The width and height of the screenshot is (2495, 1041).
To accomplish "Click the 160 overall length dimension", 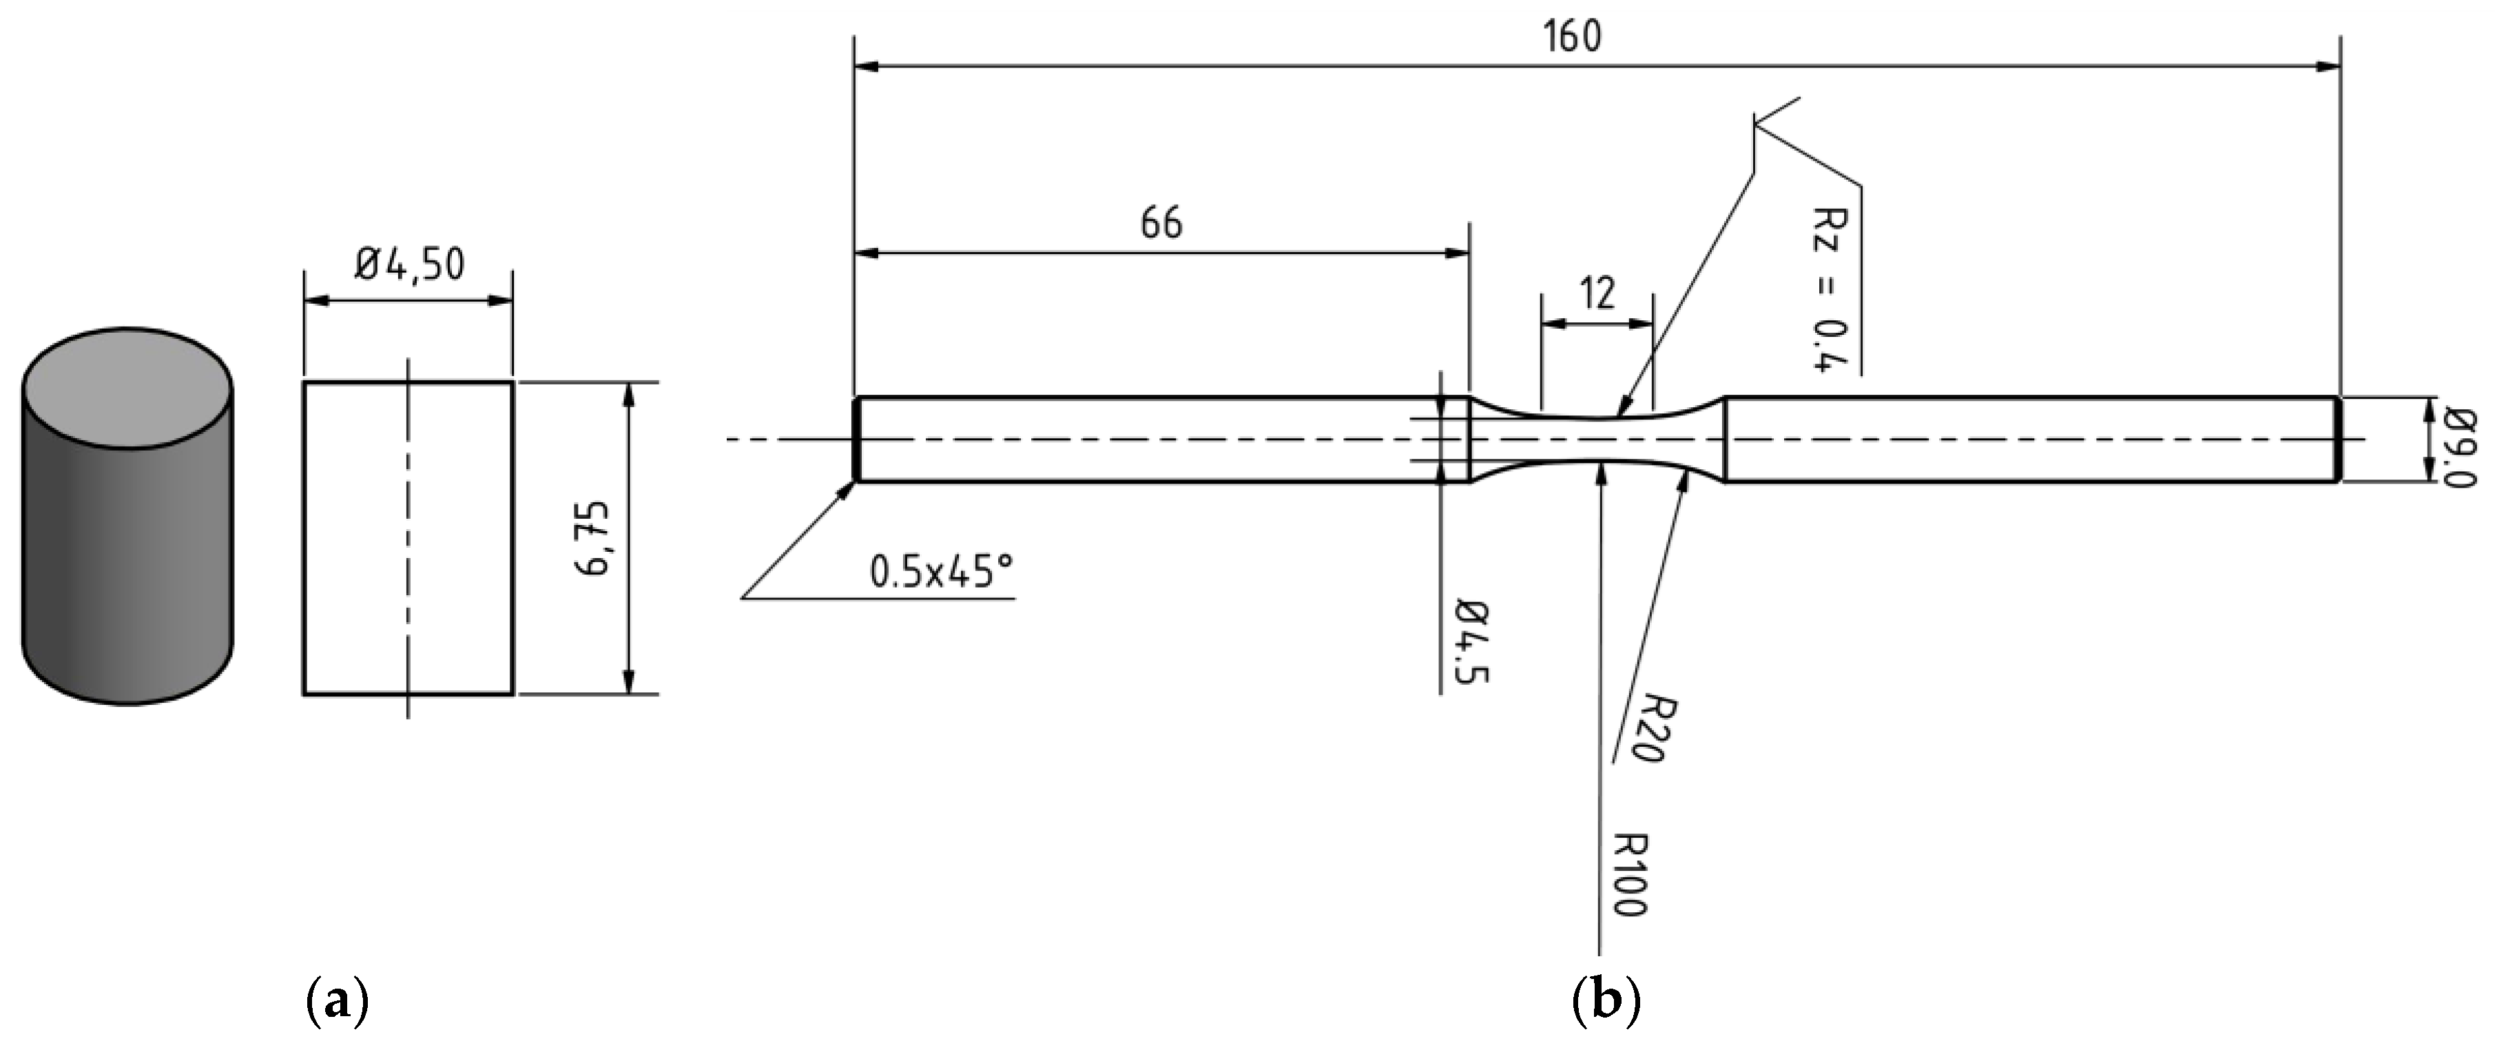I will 1571,37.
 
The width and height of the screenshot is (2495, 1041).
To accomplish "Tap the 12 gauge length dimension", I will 1597,292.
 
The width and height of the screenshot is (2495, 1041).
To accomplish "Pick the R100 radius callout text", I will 1629,874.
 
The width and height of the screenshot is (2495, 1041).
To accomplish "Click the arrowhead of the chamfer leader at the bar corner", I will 849,487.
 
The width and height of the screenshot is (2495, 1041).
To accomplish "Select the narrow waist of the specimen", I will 1598,439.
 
